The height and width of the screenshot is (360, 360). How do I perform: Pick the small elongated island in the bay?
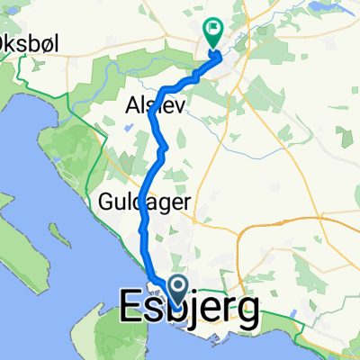(x=58, y=236)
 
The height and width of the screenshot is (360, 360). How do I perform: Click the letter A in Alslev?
(x=127, y=105)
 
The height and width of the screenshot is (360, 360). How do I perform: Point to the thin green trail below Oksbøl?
(x=27, y=72)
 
